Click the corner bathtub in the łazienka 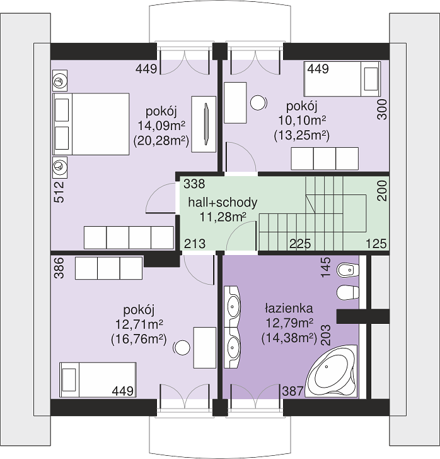point(331,371)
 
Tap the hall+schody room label point(223,202)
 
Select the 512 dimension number point(59,192)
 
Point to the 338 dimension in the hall point(194,184)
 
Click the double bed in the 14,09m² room point(91,124)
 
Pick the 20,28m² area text point(161,141)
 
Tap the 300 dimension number point(382,109)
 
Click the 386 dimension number point(59,268)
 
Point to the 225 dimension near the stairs point(300,244)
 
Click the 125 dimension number point(376,244)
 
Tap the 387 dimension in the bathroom point(292,391)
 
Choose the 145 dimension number point(326,267)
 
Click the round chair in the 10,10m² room point(258,103)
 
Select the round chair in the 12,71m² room point(182,348)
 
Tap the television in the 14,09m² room point(206,124)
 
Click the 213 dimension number point(195,244)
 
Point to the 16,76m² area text point(139,339)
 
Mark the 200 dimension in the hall point(382,190)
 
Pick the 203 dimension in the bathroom point(326,335)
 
